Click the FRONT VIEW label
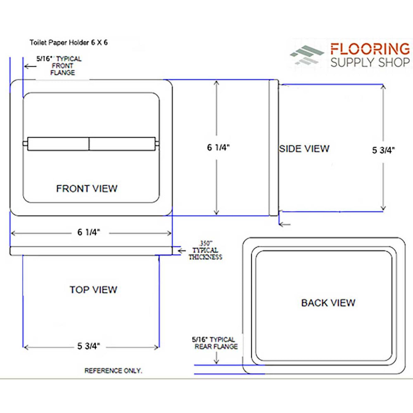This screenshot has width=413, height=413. click(87, 189)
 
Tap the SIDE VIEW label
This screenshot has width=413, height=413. click(304, 149)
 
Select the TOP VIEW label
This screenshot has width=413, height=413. click(93, 290)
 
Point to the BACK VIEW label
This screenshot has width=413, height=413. click(328, 303)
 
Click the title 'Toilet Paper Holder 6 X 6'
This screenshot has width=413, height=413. click(69, 42)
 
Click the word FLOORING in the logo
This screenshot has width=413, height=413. click(370, 49)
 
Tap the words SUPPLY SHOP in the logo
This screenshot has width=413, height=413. click(370, 62)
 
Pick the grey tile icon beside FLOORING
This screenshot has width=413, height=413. click(307, 55)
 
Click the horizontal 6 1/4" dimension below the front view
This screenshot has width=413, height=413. click(89, 233)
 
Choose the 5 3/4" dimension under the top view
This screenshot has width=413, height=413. click(89, 347)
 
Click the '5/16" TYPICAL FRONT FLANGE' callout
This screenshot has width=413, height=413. click(60, 66)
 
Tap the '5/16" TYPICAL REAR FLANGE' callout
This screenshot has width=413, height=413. click(215, 343)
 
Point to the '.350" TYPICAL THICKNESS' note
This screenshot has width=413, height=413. click(205, 250)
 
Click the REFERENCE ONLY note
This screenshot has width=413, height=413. click(113, 370)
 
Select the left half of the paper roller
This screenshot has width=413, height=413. click(58, 144)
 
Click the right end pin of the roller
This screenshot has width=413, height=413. click(157, 144)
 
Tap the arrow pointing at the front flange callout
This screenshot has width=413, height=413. click(29, 66)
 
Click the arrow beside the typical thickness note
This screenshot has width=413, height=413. click(180, 250)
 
